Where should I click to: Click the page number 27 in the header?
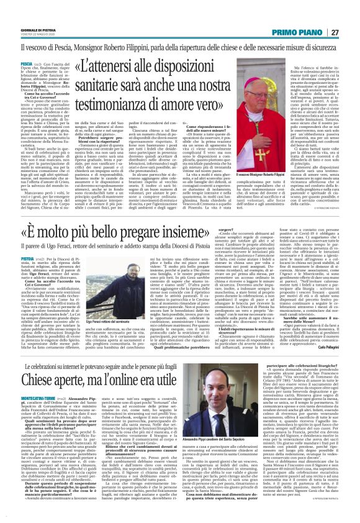click(334, 33)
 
